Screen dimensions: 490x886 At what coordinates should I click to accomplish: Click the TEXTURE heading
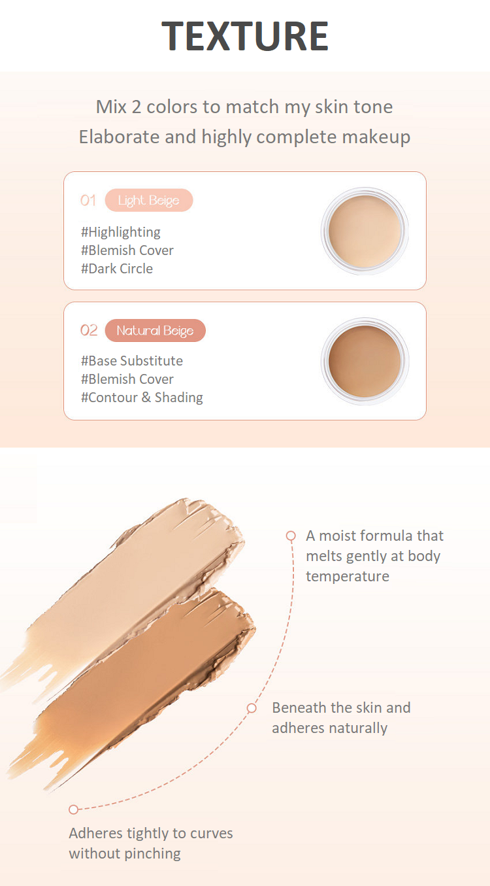coord(245,36)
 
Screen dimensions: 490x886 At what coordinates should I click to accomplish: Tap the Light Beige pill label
coord(149,200)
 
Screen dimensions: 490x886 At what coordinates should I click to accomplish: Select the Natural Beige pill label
coord(155,330)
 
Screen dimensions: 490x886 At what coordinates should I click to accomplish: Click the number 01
coord(88,201)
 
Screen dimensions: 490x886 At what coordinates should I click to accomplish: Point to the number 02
coord(89,330)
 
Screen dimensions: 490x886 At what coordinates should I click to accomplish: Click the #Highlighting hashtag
coord(120,232)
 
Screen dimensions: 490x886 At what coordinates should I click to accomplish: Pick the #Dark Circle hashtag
coord(116,269)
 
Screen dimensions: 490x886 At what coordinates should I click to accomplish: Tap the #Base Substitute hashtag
coord(131,361)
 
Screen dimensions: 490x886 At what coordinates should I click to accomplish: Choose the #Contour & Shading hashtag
coord(142,398)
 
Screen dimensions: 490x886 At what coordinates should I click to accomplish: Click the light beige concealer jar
coord(365,231)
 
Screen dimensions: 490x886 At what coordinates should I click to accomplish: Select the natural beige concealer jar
coord(365,361)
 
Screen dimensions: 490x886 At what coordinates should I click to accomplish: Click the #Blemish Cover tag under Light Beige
coord(127,250)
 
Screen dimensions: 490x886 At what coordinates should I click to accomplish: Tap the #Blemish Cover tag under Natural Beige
coord(127,379)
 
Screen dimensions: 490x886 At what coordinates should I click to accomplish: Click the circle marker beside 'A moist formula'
coord(291,536)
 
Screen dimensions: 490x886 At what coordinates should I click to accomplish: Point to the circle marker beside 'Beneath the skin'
coord(252,708)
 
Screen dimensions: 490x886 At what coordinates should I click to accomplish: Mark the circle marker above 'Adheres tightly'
coord(73,809)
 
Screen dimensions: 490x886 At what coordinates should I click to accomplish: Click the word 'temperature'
coord(348,577)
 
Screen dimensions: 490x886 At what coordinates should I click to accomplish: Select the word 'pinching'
coord(152,854)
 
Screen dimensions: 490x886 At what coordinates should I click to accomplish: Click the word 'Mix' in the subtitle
coord(111,107)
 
